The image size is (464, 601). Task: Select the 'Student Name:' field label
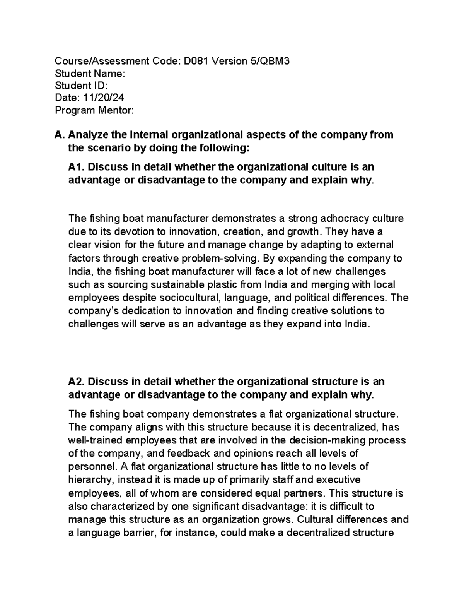[x=90, y=73]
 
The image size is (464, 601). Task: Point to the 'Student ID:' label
[x=82, y=86]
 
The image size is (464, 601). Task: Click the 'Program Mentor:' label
[x=94, y=110]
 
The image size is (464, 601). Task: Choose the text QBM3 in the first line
[x=274, y=61]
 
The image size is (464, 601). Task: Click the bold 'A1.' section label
[x=77, y=167]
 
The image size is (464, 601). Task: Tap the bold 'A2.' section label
[x=77, y=382]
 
